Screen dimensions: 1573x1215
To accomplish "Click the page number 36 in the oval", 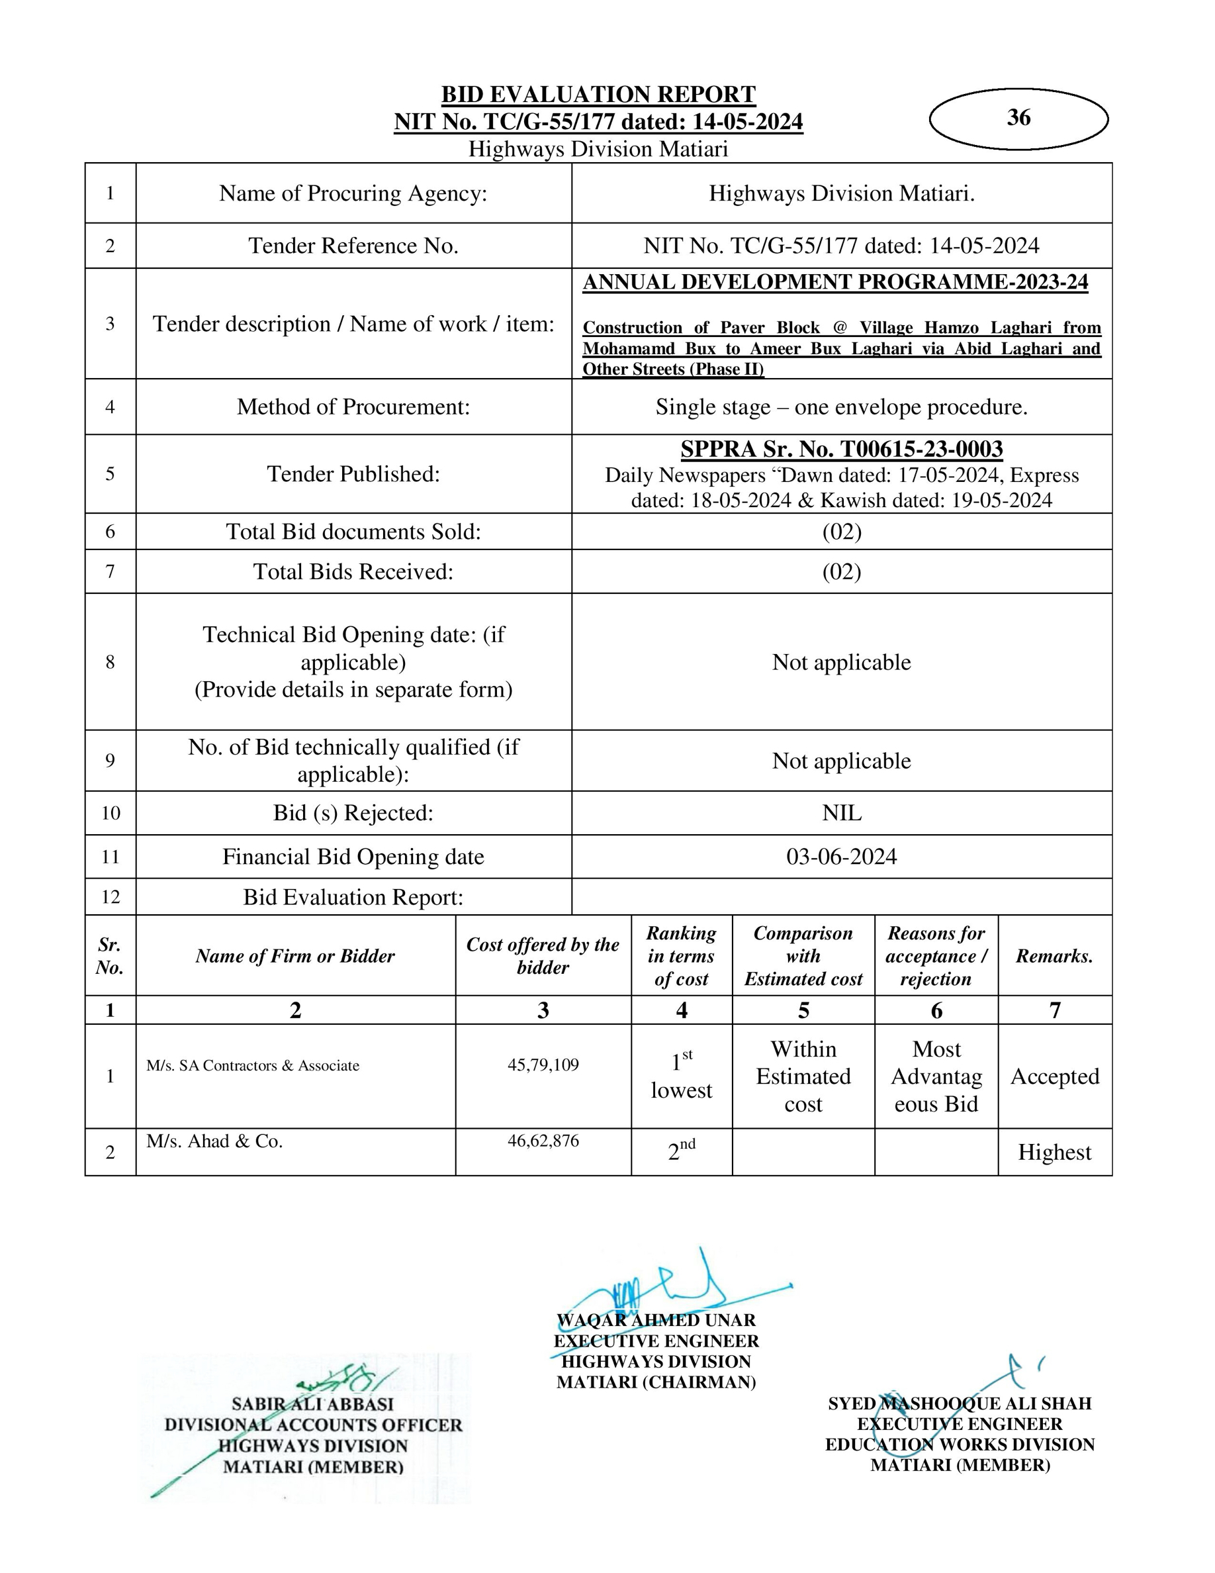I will pos(1018,117).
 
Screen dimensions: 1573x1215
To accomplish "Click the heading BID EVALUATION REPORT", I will pos(598,95).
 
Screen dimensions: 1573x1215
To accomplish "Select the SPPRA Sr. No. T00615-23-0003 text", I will pos(841,450).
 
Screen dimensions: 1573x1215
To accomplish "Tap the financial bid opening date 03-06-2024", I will pos(841,857).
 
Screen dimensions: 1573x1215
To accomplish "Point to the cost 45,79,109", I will pos(543,1065).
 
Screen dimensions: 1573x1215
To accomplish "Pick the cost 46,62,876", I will pos(543,1140).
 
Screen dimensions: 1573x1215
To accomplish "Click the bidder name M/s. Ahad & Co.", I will pos(214,1141).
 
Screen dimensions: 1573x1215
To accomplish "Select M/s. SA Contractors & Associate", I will pos(253,1065).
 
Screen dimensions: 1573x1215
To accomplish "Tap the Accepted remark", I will pos(1054,1076).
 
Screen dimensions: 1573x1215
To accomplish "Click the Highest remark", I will pos(1054,1153).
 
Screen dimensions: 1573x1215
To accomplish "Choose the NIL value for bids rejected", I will pos(841,813).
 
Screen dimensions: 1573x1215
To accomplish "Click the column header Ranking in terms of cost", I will pos(681,956).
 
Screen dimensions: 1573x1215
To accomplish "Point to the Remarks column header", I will pos(1054,956).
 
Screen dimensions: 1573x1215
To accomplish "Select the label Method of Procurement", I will pos(353,407).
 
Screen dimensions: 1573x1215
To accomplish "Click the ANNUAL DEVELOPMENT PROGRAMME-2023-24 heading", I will pos(835,282).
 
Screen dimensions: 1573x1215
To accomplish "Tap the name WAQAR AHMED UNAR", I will pos(656,1320).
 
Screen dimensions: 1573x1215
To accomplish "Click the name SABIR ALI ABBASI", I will pos(312,1404).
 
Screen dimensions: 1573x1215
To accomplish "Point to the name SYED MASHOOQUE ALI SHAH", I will pos(960,1403).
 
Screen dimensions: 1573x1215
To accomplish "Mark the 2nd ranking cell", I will pos(681,1151).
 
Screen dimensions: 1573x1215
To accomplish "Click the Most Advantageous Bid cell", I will pos(936,1076).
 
